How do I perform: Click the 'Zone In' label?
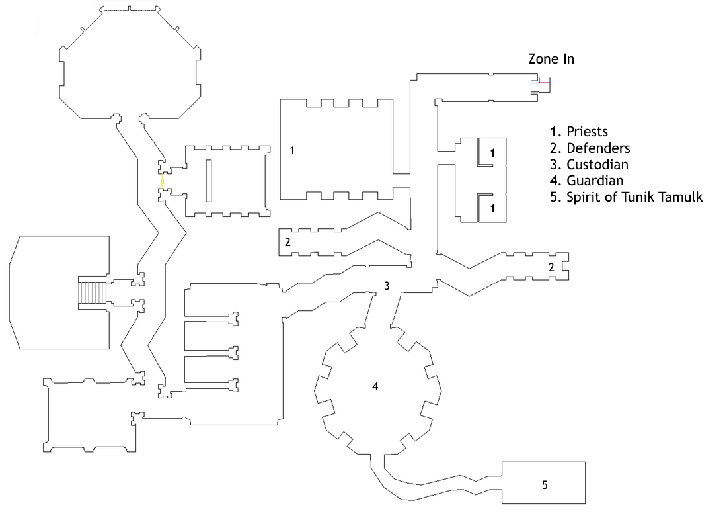click(551, 59)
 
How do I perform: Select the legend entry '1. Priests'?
click(579, 132)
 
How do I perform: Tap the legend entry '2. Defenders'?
click(590, 148)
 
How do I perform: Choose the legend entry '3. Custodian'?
click(590, 165)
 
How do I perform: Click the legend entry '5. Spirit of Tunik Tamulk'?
click(627, 197)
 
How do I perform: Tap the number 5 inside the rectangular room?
click(545, 485)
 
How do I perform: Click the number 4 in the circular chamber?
click(375, 386)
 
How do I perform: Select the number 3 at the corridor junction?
click(387, 286)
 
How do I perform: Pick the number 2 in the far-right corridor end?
click(551, 267)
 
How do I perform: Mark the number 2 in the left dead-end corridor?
click(287, 241)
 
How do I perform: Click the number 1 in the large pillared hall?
click(292, 150)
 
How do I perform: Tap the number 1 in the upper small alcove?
click(492, 153)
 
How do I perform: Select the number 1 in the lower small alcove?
click(492, 209)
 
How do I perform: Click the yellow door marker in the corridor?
click(163, 181)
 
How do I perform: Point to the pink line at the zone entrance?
click(545, 83)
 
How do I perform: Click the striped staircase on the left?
click(93, 292)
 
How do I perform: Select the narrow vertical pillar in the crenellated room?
click(209, 181)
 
